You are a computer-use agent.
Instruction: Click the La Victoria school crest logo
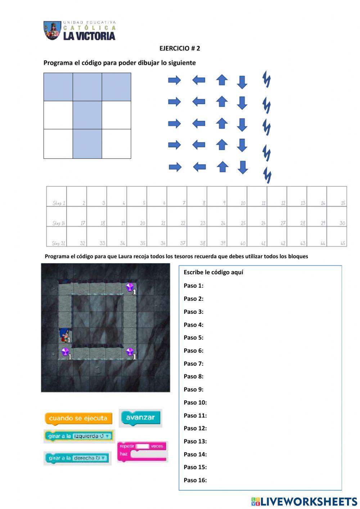point(52,30)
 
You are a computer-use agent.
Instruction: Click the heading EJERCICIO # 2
point(180,48)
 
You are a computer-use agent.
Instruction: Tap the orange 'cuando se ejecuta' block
point(78,418)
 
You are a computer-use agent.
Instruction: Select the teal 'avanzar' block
point(140,418)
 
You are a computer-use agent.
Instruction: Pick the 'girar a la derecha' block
point(77,458)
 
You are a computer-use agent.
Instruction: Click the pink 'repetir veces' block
point(142,451)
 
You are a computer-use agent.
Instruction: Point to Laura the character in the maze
point(65,335)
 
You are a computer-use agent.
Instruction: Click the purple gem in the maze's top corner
point(130,287)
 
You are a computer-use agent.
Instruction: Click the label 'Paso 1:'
point(193,286)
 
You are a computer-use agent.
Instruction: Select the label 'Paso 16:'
point(195,480)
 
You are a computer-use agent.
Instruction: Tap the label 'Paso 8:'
point(193,376)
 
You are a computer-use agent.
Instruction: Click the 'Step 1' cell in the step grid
point(57,197)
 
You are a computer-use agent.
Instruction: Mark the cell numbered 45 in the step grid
point(337,237)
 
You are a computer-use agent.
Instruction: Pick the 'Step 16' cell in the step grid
point(57,217)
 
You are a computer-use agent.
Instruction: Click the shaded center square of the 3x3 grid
point(87,115)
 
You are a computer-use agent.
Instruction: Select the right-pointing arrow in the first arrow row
point(174,80)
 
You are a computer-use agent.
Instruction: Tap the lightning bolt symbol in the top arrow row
point(266,79)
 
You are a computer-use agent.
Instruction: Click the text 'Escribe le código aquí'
point(213,272)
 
